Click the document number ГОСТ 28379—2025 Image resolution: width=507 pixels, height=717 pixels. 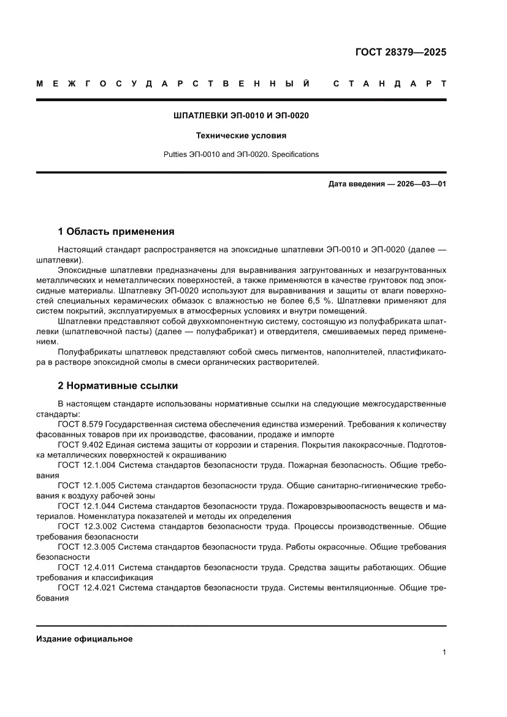pyautogui.click(x=401, y=52)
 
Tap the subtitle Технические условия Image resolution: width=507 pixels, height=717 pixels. pyautogui.click(x=241, y=135)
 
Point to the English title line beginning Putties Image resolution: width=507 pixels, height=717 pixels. pyautogui.click(x=241, y=155)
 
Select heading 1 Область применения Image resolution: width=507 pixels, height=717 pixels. pyautogui.click(x=116, y=232)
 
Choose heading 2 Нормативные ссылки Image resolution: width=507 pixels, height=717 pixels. pyautogui.click(x=118, y=386)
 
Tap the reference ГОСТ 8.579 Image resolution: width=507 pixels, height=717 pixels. pyautogui.click(x=80, y=424)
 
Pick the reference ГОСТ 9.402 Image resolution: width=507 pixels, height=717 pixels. pyautogui.click(x=80, y=445)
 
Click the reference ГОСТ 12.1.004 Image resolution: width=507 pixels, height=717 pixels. pyautogui.click(x=86, y=465)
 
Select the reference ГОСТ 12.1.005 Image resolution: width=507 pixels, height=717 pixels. pyautogui.click(x=86, y=485)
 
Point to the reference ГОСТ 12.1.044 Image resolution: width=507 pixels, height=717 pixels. pyautogui.click(x=86, y=505)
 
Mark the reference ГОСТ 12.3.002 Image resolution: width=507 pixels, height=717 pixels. pyautogui.click(x=86, y=526)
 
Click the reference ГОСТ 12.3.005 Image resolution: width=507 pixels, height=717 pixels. pyautogui.click(x=86, y=546)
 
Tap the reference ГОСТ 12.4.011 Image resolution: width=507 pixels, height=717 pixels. pyautogui.click(x=86, y=567)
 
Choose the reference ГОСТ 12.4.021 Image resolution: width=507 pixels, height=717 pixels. pyautogui.click(x=86, y=587)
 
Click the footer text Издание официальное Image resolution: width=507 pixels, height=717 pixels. pyautogui.click(x=84, y=638)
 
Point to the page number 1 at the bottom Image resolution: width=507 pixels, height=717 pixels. pyautogui.click(x=443, y=653)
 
